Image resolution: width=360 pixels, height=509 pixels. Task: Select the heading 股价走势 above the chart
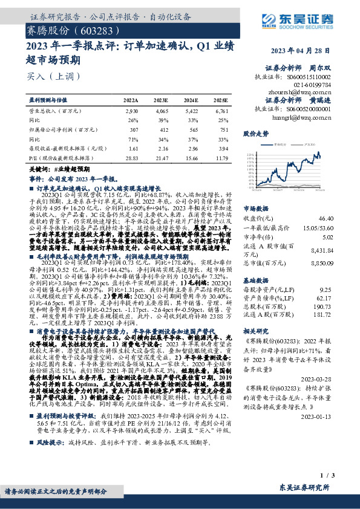click(255, 132)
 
